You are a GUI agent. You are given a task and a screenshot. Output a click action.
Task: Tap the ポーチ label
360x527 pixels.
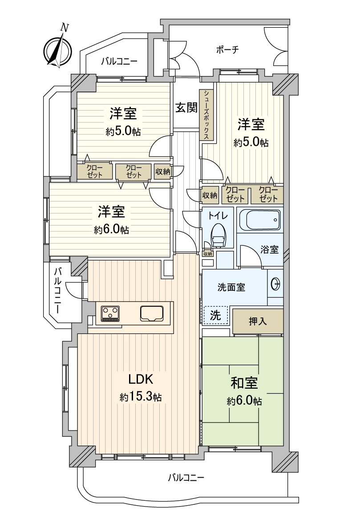227,50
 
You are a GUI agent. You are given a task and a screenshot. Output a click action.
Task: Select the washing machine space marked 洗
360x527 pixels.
215,315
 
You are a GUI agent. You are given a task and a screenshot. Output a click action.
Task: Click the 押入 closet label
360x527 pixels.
258,322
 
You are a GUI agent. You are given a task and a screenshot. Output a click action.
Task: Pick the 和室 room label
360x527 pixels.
244,383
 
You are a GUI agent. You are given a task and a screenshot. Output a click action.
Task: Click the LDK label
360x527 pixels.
141,379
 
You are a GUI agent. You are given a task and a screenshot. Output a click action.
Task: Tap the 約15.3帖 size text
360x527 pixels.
141,398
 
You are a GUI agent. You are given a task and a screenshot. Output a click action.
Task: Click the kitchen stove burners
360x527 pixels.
111,313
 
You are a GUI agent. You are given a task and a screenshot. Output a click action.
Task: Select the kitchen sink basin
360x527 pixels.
152,314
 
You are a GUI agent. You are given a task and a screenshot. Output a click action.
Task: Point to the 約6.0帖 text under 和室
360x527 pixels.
245,401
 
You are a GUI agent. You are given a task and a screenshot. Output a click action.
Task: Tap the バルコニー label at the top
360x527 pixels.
119,61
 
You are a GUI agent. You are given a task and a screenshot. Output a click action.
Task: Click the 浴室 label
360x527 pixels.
270,250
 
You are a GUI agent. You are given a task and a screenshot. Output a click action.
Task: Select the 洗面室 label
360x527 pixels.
231,287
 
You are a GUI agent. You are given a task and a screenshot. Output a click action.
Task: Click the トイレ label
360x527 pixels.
218,216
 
